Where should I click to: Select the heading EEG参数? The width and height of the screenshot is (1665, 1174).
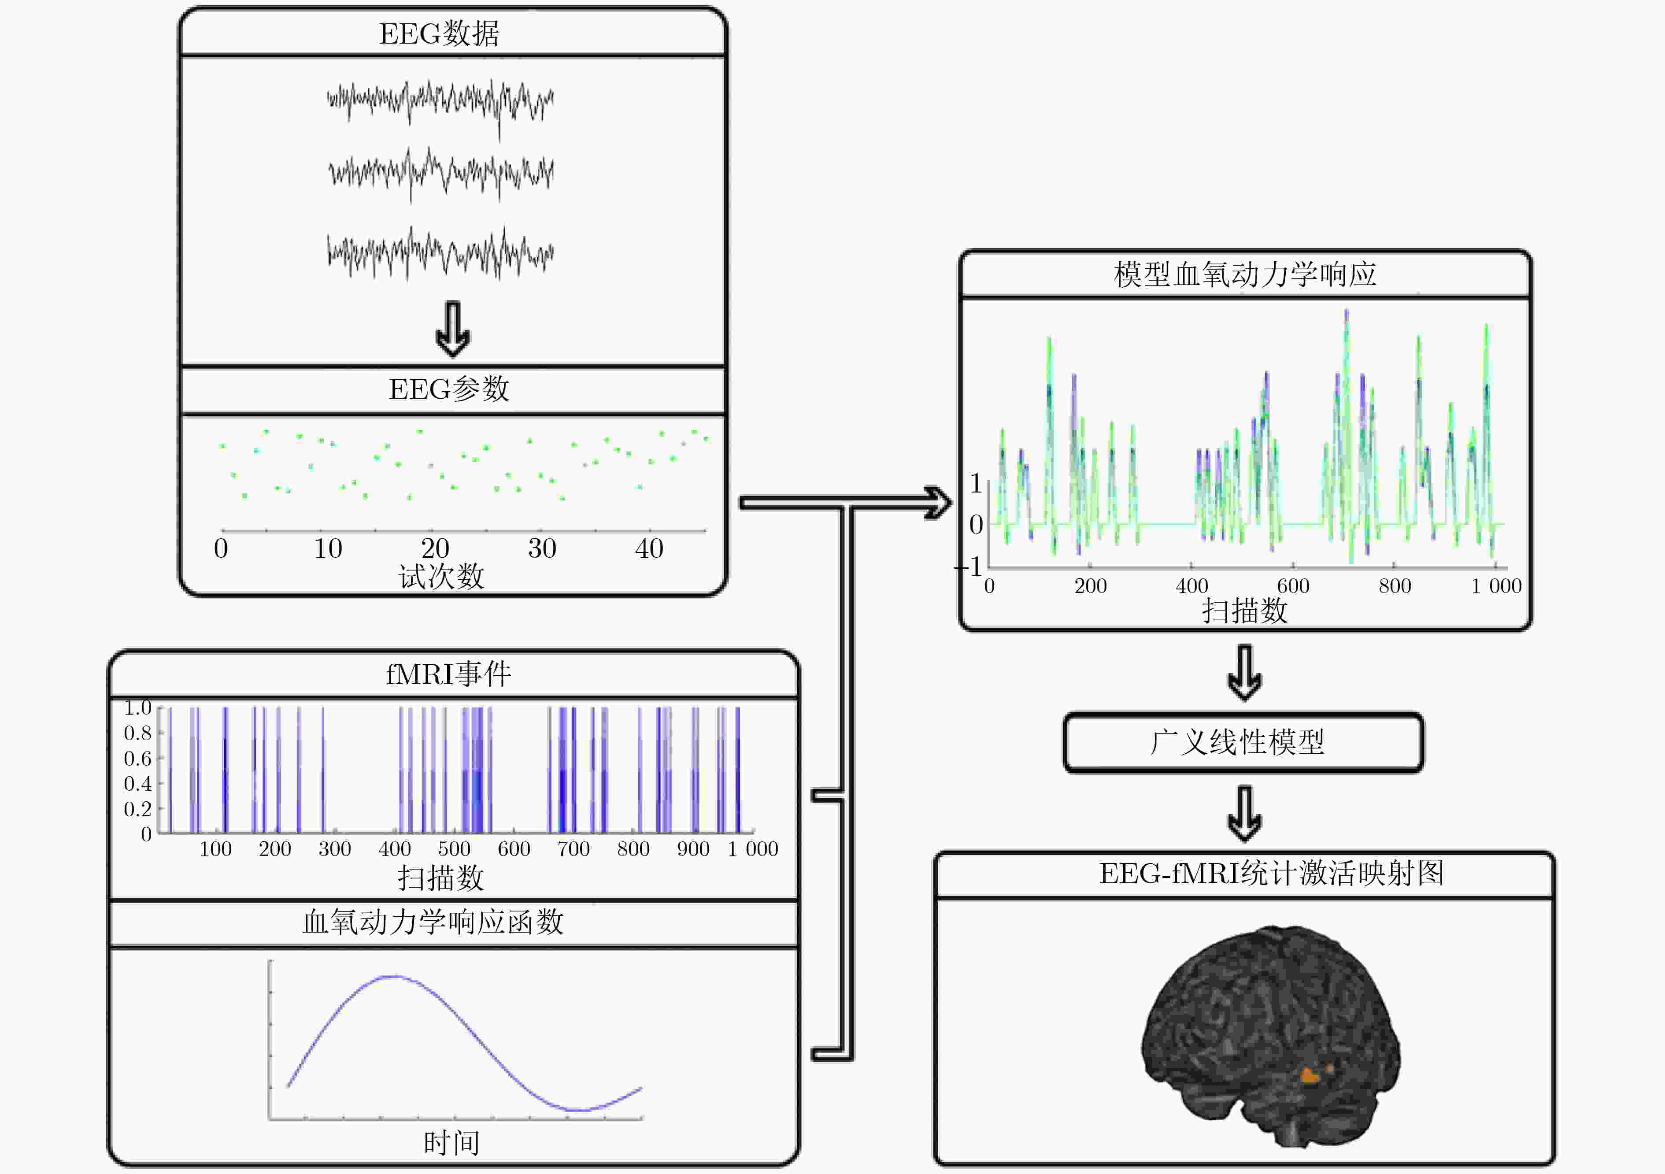pyautogui.click(x=449, y=389)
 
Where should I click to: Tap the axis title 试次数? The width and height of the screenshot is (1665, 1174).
pyautogui.click(x=441, y=577)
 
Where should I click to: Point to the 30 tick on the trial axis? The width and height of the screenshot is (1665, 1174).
pyautogui.click(x=542, y=548)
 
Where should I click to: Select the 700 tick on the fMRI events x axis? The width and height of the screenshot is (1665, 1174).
pyautogui.click(x=573, y=848)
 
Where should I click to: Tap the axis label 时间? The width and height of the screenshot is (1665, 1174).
pyautogui.click(x=451, y=1143)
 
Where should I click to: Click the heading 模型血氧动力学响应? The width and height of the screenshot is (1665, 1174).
pyautogui.click(x=1244, y=274)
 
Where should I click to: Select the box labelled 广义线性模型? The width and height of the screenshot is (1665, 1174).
pyautogui.click(x=1243, y=743)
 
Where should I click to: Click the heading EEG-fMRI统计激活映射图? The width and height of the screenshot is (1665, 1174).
pyautogui.click(x=1270, y=873)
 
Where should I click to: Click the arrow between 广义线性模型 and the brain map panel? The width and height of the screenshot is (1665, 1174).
pyautogui.click(x=1244, y=814)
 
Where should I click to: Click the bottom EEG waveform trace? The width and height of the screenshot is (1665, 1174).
pyautogui.click(x=440, y=254)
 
